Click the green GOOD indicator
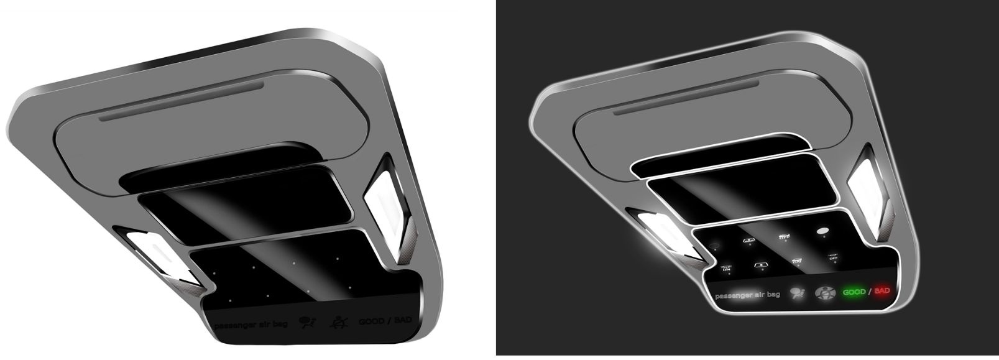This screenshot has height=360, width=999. tap(854, 292)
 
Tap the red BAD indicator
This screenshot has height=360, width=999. tap(882, 290)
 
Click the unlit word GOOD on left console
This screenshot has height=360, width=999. tap(371, 321)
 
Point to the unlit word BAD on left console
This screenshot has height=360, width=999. tap(402, 320)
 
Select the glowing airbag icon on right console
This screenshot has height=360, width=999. tap(797, 293)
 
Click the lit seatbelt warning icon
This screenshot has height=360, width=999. tap(825, 293)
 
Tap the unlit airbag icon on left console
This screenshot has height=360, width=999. tap(307, 322)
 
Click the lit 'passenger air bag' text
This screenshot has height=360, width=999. tap(747, 295)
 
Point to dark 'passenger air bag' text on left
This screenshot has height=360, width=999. tap(251, 325)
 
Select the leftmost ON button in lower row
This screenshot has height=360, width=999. tap(725, 268)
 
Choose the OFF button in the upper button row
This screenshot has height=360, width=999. tap(784, 236)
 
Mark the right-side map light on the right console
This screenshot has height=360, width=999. tap(865, 180)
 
